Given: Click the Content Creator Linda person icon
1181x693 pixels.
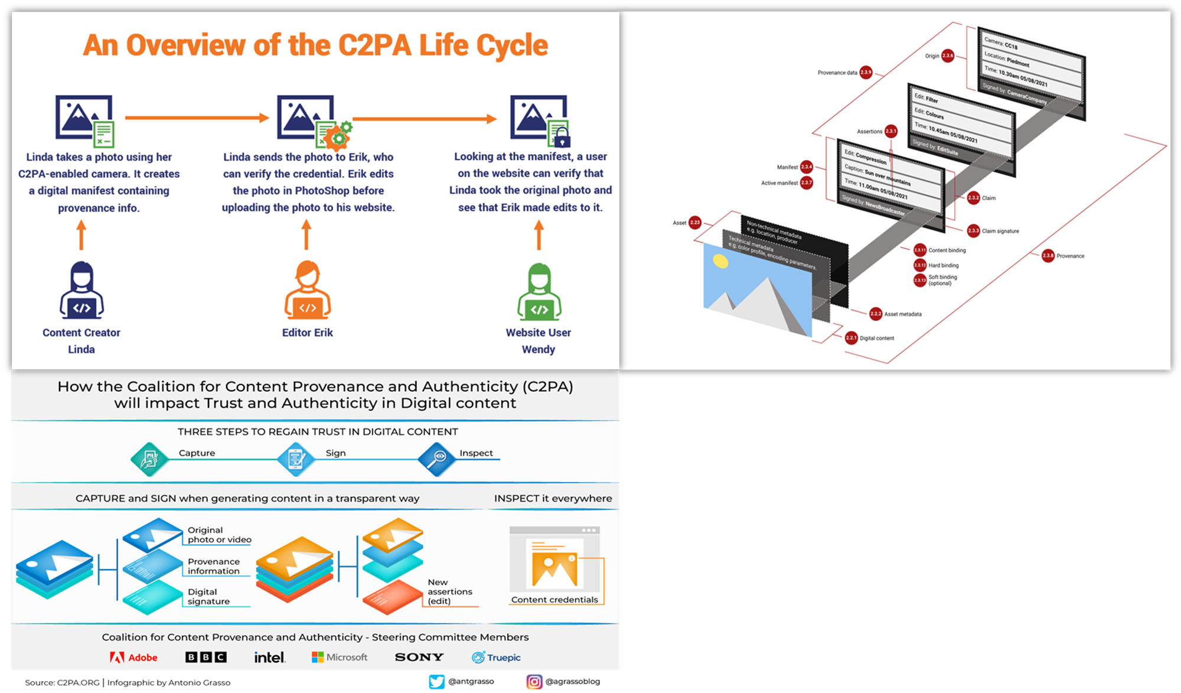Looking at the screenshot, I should [81, 291].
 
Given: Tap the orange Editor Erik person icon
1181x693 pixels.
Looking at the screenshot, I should [308, 290].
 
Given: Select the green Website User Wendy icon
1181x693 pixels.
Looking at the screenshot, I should [539, 292].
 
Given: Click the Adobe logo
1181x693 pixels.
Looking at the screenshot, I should [133, 658].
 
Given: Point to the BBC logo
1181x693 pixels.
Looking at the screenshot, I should [205, 657].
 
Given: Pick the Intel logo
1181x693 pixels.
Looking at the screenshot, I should [270, 657].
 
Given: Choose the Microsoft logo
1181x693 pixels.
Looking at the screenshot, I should [340, 657].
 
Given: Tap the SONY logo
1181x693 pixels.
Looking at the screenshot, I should [419, 657].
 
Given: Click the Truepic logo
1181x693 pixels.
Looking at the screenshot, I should [496, 658].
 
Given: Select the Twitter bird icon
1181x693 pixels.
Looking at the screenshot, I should [436, 682].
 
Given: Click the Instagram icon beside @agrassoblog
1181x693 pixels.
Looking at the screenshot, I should [534, 682].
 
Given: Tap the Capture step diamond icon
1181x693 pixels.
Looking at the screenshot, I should [149, 459].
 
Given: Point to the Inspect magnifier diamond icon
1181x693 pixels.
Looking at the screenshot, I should [437, 459].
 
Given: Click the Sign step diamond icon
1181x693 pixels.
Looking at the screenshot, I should [296, 459].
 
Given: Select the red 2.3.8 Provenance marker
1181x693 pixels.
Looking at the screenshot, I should [1048, 256].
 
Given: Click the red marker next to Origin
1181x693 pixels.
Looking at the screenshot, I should [948, 56].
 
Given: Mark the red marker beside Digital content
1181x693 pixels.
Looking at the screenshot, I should [851, 338].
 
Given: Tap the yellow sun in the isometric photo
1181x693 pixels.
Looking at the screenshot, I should [720, 261].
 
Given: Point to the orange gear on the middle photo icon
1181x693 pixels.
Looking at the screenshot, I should [338, 138].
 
